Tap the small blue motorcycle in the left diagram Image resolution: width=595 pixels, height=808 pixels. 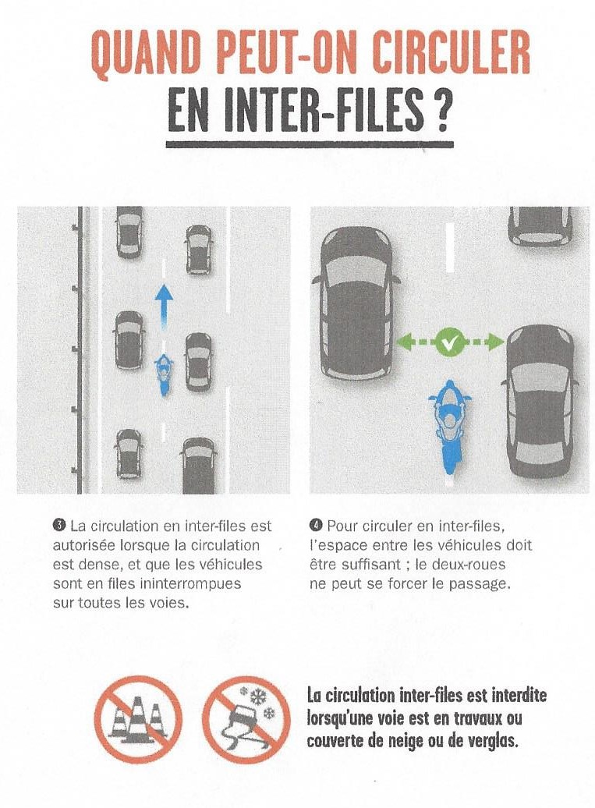164,374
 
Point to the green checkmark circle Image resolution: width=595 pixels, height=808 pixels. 449,341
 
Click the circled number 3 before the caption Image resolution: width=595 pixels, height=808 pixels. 59,526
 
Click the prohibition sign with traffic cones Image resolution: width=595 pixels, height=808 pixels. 138,718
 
